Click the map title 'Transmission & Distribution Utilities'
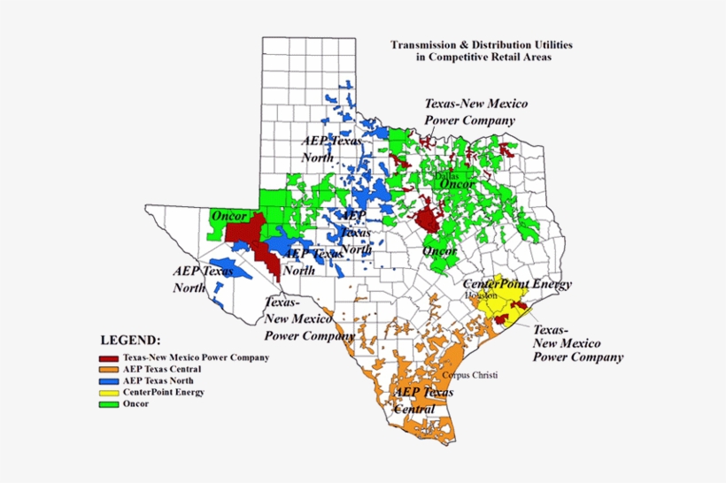coord(482,42)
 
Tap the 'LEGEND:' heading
coord(131,340)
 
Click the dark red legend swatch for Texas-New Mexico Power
coord(110,358)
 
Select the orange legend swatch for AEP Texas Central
coord(110,370)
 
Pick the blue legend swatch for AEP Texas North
coord(110,381)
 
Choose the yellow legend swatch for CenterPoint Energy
coord(110,393)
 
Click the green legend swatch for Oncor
coord(110,404)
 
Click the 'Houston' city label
coord(481,295)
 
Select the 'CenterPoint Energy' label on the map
coord(518,284)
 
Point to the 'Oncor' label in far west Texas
coord(228,216)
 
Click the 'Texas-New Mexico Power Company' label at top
coord(469,111)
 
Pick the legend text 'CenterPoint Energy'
coord(164,393)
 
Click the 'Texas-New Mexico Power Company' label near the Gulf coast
coord(577,342)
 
